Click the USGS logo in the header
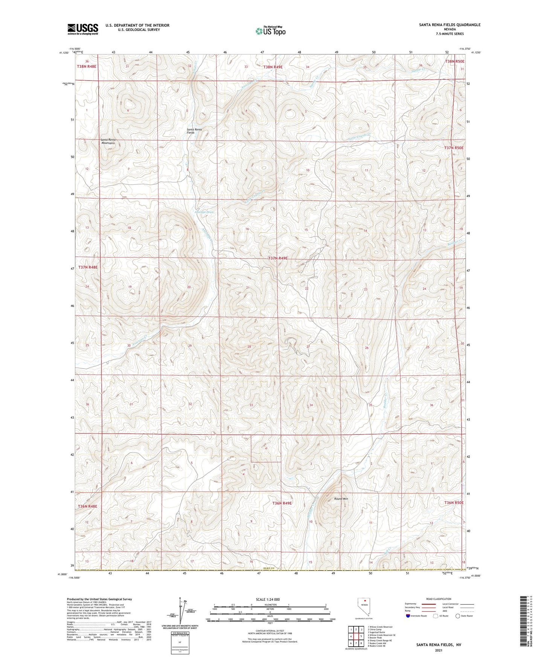83,29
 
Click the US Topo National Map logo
270,31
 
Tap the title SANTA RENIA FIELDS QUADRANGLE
450,25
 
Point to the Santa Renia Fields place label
195,131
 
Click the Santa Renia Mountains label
108,142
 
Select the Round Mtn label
341,499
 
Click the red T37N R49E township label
278,258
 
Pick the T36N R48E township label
87,506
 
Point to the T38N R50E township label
454,61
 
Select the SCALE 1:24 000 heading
268,599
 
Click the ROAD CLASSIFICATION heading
439,599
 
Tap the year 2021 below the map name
438,650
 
